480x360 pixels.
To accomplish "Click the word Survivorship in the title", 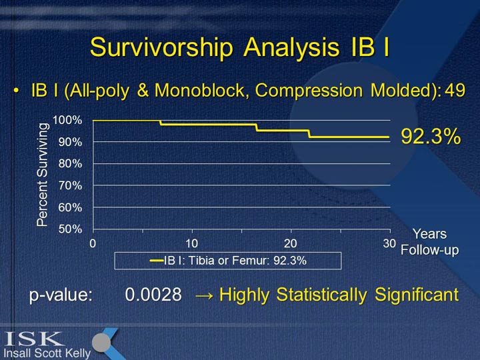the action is coord(161,48).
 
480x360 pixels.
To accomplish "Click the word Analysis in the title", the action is coord(291,47).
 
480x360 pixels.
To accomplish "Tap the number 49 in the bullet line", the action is coord(455,90).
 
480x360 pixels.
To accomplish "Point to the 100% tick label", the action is coord(67,120).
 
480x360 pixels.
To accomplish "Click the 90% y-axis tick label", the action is coord(70,142).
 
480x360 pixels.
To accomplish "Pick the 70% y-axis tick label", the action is coord(70,185).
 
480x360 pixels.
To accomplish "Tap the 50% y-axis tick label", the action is coord(70,229).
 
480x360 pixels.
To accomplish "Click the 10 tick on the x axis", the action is coord(191,244).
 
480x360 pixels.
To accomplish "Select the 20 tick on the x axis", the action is coord(291,244).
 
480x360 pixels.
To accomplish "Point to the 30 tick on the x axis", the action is coord(389,244).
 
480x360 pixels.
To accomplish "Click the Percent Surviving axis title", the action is coord(43,175).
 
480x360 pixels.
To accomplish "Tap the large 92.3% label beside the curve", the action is coord(431,136).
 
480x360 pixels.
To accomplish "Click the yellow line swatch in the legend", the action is coord(157,261).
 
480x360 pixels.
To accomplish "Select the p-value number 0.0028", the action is coord(153,295).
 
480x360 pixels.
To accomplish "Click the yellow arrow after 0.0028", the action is coord(204,296).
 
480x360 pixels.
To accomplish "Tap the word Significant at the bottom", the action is coord(417,295).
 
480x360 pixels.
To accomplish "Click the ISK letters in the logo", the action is coord(33,339).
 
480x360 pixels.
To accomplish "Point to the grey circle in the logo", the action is coord(101,343).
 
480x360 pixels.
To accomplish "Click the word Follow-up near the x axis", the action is coord(430,250).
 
